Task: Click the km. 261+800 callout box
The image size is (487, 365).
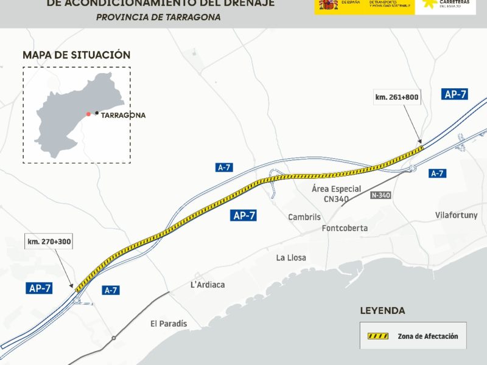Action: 398,97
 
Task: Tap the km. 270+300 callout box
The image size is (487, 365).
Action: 49,242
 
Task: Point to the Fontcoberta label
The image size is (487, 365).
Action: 345,229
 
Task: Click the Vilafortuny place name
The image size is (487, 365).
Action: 457,215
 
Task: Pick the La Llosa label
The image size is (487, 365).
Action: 291,258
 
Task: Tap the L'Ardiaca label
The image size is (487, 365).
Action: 208,285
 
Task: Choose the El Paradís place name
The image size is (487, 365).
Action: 169,324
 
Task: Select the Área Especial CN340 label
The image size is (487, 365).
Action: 336,193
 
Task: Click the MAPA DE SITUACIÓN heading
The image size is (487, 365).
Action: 77,55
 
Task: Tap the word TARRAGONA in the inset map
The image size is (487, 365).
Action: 124,115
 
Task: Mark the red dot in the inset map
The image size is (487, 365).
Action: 88,114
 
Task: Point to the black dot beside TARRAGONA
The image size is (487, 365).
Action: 97,113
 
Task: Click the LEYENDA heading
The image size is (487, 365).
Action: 382,311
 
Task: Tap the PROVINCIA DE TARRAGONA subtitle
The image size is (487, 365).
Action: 158,17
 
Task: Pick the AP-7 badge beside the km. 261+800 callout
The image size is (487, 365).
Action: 455,94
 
